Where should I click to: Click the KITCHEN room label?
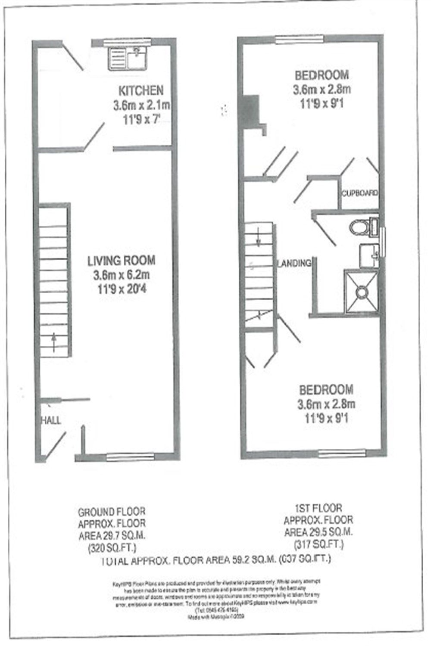point(141,90)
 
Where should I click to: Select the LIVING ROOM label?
point(121,260)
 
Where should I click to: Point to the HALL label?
point(51,420)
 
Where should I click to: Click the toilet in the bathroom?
point(360,227)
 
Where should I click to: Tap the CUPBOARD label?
point(360,193)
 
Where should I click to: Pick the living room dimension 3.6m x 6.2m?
point(121,275)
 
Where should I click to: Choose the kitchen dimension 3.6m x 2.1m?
point(141,105)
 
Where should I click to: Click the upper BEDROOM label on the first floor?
point(322,75)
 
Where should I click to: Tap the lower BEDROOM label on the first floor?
point(326,390)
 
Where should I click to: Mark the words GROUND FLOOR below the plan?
point(112,512)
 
